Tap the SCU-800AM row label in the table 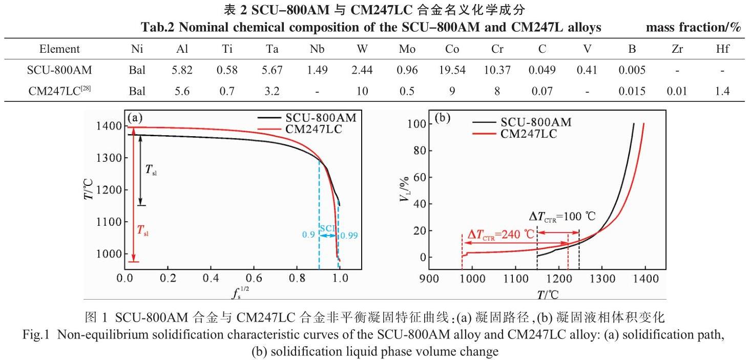[59, 70]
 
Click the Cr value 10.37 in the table [496, 70]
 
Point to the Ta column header [272, 49]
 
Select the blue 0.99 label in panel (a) [348, 236]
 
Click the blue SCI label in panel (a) [328, 228]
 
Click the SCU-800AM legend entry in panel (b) [535, 122]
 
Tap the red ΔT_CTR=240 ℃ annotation [501, 235]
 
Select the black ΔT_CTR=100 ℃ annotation [562, 216]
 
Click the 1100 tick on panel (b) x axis [558, 279]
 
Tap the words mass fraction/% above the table [694, 28]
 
